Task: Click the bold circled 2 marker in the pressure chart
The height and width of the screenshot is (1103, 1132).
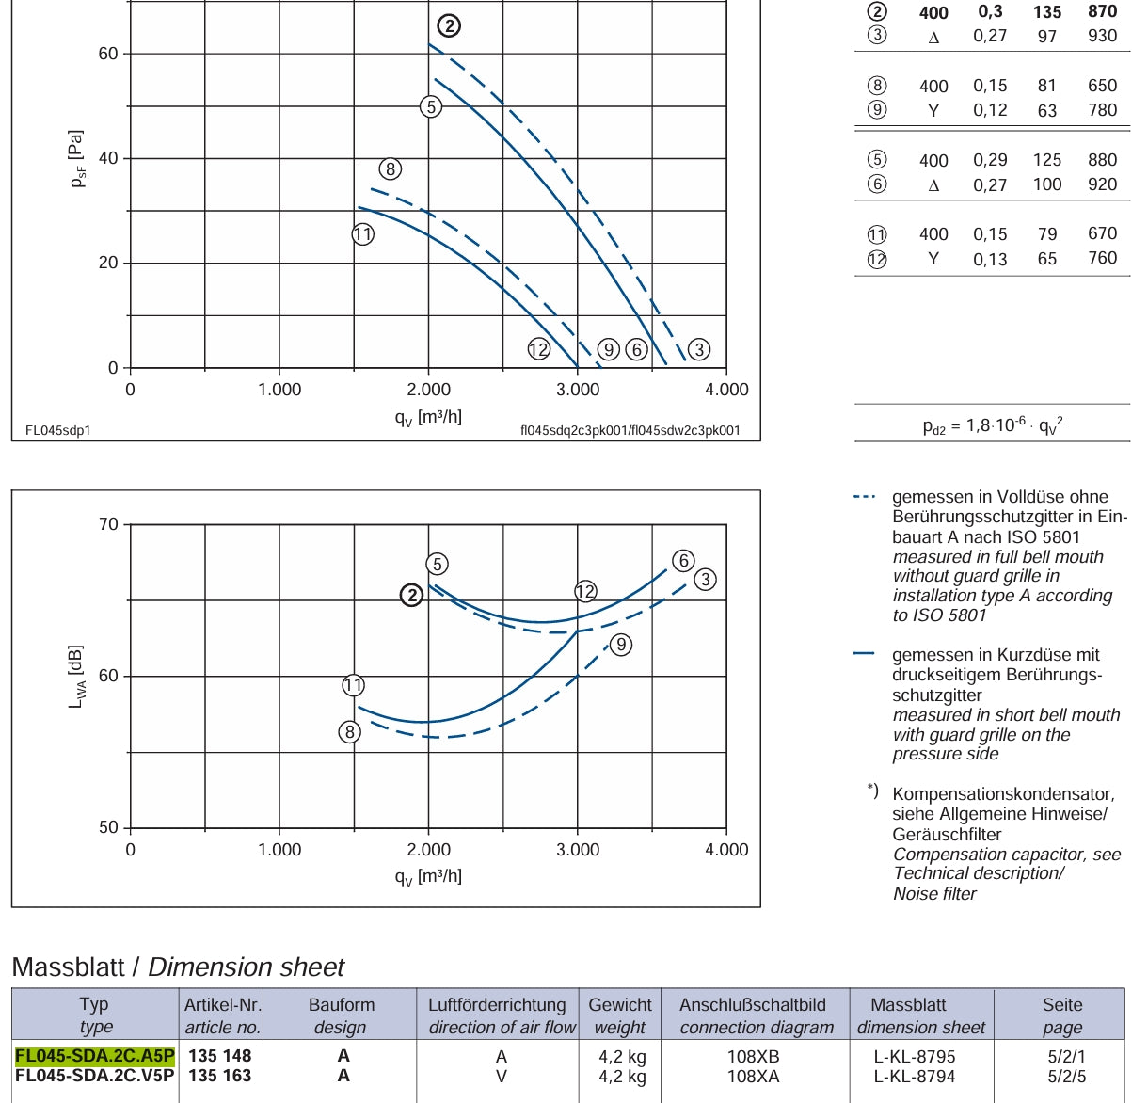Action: (449, 25)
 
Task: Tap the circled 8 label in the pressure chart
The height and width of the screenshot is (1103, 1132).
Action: (391, 168)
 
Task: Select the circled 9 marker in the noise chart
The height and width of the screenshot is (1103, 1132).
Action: (621, 645)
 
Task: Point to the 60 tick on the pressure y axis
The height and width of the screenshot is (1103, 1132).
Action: (107, 54)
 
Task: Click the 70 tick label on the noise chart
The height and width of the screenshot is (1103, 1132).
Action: (107, 524)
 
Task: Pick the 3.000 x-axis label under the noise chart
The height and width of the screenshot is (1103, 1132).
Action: (577, 849)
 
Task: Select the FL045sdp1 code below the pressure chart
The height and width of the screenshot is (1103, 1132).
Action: (58, 430)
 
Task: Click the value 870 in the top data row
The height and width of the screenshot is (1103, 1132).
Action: (1102, 11)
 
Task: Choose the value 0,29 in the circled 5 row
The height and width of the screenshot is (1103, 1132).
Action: (990, 159)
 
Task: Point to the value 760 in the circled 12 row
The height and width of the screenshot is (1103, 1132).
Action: (1102, 258)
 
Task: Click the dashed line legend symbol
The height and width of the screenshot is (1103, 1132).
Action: (864, 497)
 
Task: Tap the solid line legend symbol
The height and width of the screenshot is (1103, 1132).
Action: (864, 654)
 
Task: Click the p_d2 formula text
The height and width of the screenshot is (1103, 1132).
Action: (993, 425)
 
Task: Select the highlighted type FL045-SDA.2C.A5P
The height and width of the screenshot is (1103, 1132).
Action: (95, 1056)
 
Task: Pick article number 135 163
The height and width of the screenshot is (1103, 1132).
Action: (220, 1076)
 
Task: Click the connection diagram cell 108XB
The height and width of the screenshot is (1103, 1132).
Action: (754, 1056)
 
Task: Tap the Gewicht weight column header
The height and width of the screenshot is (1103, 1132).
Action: (620, 1015)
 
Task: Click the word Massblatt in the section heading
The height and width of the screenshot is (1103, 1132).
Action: (68, 967)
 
